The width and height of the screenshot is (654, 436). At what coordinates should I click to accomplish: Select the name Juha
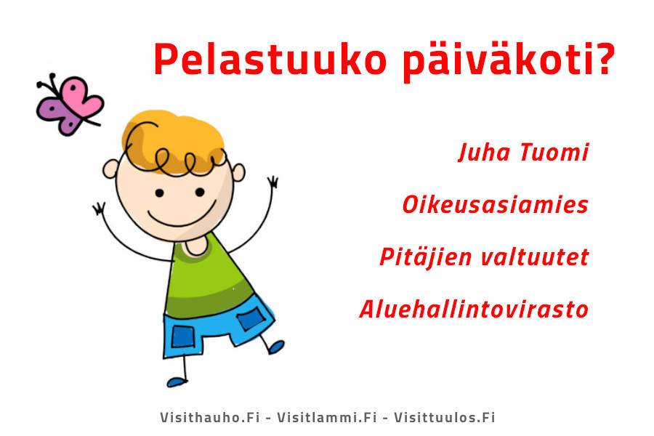484,153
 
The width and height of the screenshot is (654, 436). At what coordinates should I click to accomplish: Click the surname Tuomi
554,153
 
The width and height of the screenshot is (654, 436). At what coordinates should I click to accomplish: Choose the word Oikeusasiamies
495,205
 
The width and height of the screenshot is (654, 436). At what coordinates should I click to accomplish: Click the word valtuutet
535,257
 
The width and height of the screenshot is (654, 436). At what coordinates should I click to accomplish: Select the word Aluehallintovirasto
474,309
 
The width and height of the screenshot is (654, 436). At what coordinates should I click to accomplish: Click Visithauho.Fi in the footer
210,417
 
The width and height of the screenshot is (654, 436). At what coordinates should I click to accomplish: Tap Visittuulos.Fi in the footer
445,417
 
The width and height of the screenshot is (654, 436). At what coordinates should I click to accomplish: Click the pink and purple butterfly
69,105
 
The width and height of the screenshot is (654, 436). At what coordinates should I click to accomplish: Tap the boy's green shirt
209,280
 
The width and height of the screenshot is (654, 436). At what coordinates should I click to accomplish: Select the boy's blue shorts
217,330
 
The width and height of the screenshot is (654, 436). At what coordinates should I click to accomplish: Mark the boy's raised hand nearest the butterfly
99,209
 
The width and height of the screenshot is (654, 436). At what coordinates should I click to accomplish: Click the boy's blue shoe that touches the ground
177,381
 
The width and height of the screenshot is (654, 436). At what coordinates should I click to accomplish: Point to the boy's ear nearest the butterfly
110,169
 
